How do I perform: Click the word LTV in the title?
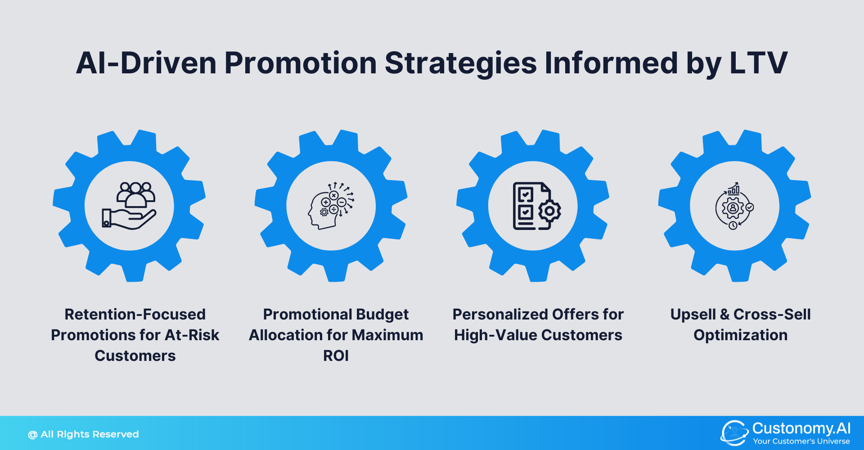pos(758,63)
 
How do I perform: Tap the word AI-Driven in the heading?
pos(146,63)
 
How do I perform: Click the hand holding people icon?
pos(129,206)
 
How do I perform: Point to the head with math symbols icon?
pos(331,206)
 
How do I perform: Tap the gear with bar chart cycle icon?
pos(734,206)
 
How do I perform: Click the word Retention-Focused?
pos(135,314)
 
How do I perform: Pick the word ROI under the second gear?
pos(336,355)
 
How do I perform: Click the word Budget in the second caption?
pos(382,315)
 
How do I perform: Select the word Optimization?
pos(740,335)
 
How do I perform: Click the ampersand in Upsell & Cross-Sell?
pos(724,315)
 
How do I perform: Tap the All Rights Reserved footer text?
pos(89,434)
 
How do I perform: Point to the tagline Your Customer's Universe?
pos(801,441)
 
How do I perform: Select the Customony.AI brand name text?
pos(801,428)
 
